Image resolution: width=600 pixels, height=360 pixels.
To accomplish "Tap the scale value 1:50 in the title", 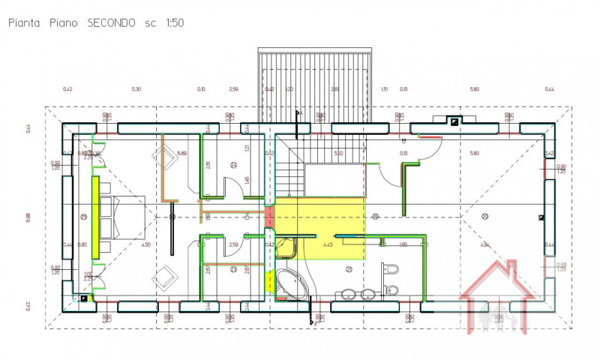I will [x=172, y=23].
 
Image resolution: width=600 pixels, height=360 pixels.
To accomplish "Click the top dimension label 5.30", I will [x=136, y=89].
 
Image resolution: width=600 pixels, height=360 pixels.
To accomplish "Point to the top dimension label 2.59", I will [x=233, y=89].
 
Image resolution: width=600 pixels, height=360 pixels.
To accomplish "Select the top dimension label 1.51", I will [x=384, y=89].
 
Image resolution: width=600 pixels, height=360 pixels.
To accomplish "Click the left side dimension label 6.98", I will [x=28, y=217].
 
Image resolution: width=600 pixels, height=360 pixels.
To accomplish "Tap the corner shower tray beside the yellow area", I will [x=286, y=247].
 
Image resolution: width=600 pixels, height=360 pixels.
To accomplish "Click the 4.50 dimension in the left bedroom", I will [x=146, y=244].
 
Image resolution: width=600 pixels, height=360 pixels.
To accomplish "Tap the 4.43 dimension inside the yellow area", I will [x=328, y=244].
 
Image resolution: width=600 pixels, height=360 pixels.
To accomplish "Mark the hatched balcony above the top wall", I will [x=315, y=82].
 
